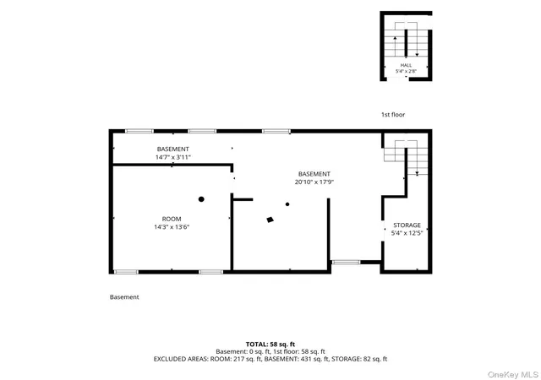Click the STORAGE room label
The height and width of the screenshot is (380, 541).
point(407,225)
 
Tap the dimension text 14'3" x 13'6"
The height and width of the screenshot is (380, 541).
point(172,227)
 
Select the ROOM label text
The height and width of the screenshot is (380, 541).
point(172,219)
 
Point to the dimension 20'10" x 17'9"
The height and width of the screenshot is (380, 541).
point(314,182)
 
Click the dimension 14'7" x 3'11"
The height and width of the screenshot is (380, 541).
point(172,157)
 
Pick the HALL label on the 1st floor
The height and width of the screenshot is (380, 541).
point(406,65)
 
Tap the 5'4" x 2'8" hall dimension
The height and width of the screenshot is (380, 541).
point(406,72)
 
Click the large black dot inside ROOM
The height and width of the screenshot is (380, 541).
point(201,199)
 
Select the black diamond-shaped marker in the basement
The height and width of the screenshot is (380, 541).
point(270,220)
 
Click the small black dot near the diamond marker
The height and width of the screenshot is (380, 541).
point(287,204)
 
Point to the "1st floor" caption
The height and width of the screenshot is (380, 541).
point(393,115)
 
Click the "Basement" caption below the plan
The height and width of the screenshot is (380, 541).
point(124,297)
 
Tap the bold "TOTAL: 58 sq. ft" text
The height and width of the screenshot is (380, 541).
point(270,345)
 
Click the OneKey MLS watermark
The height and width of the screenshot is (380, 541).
point(513,374)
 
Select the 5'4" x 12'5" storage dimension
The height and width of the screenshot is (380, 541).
point(407,233)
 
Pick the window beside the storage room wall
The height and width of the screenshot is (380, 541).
point(346,263)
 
